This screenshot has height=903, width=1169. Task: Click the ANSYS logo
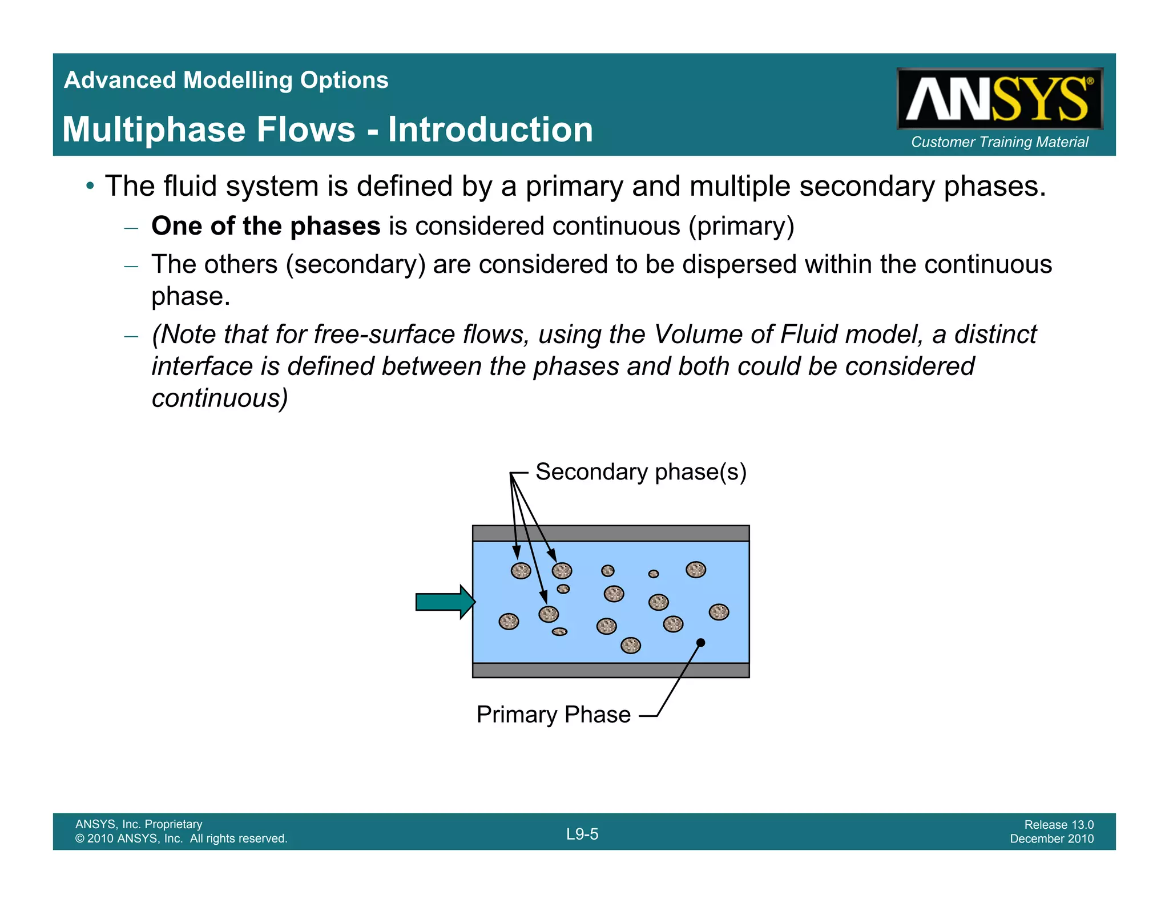999,98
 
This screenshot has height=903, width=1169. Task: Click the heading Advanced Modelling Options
226,80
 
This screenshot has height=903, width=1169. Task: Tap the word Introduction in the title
490,129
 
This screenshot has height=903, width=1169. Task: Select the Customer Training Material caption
999,142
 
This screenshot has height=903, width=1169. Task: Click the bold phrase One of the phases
265,226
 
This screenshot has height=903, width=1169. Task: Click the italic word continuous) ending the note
220,398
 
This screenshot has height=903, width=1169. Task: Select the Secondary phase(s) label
640,472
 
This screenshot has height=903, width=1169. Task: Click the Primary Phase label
553,715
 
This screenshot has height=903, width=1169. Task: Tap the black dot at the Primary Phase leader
701,643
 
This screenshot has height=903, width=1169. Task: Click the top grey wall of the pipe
611,533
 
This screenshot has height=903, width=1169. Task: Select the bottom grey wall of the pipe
611,670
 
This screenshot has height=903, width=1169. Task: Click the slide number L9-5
582,834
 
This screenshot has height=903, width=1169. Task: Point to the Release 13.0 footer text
1058,824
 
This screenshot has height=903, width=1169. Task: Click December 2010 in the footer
1051,838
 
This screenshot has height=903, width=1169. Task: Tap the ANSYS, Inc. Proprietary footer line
139,824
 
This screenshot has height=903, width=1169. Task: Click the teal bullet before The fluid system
90,186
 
